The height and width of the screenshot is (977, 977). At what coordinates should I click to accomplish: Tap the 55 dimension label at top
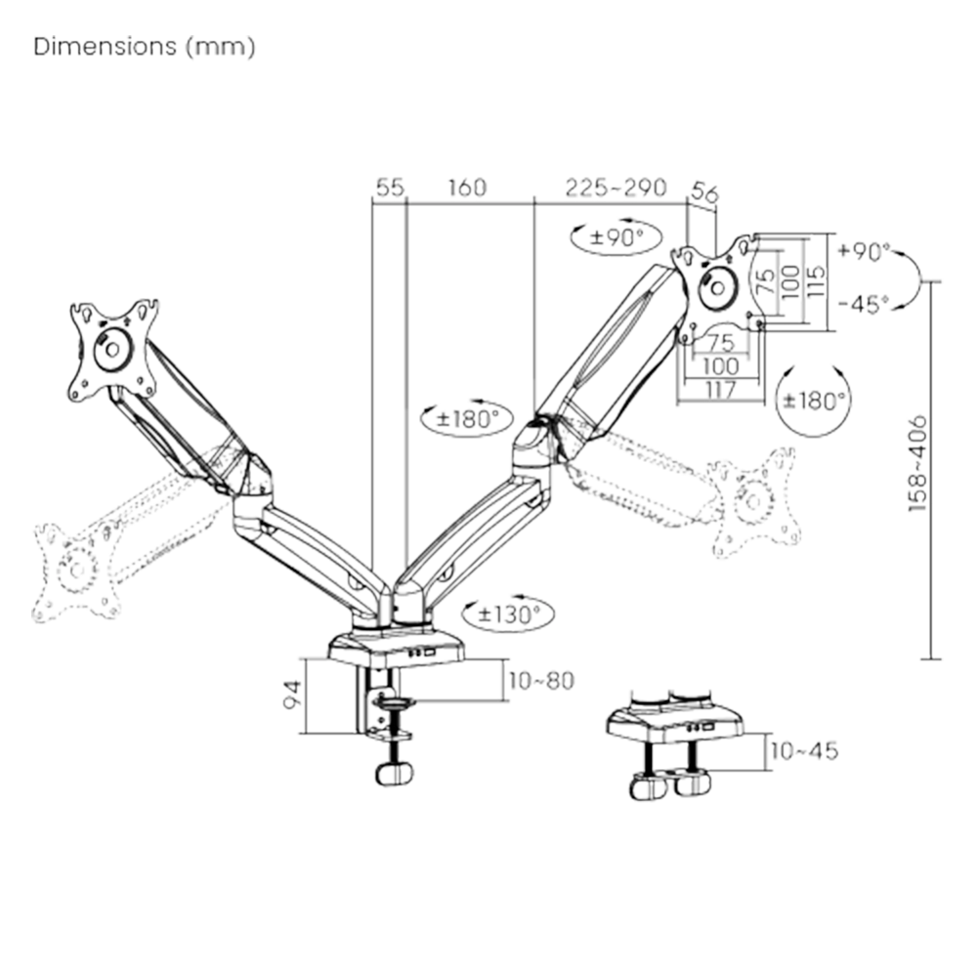389,188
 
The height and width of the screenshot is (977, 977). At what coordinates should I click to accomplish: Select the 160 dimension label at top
468,188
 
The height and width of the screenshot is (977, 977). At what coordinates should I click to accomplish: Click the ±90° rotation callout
618,236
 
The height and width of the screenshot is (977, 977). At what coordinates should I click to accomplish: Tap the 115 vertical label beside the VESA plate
817,282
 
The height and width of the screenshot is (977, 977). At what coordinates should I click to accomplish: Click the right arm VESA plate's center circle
721,287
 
